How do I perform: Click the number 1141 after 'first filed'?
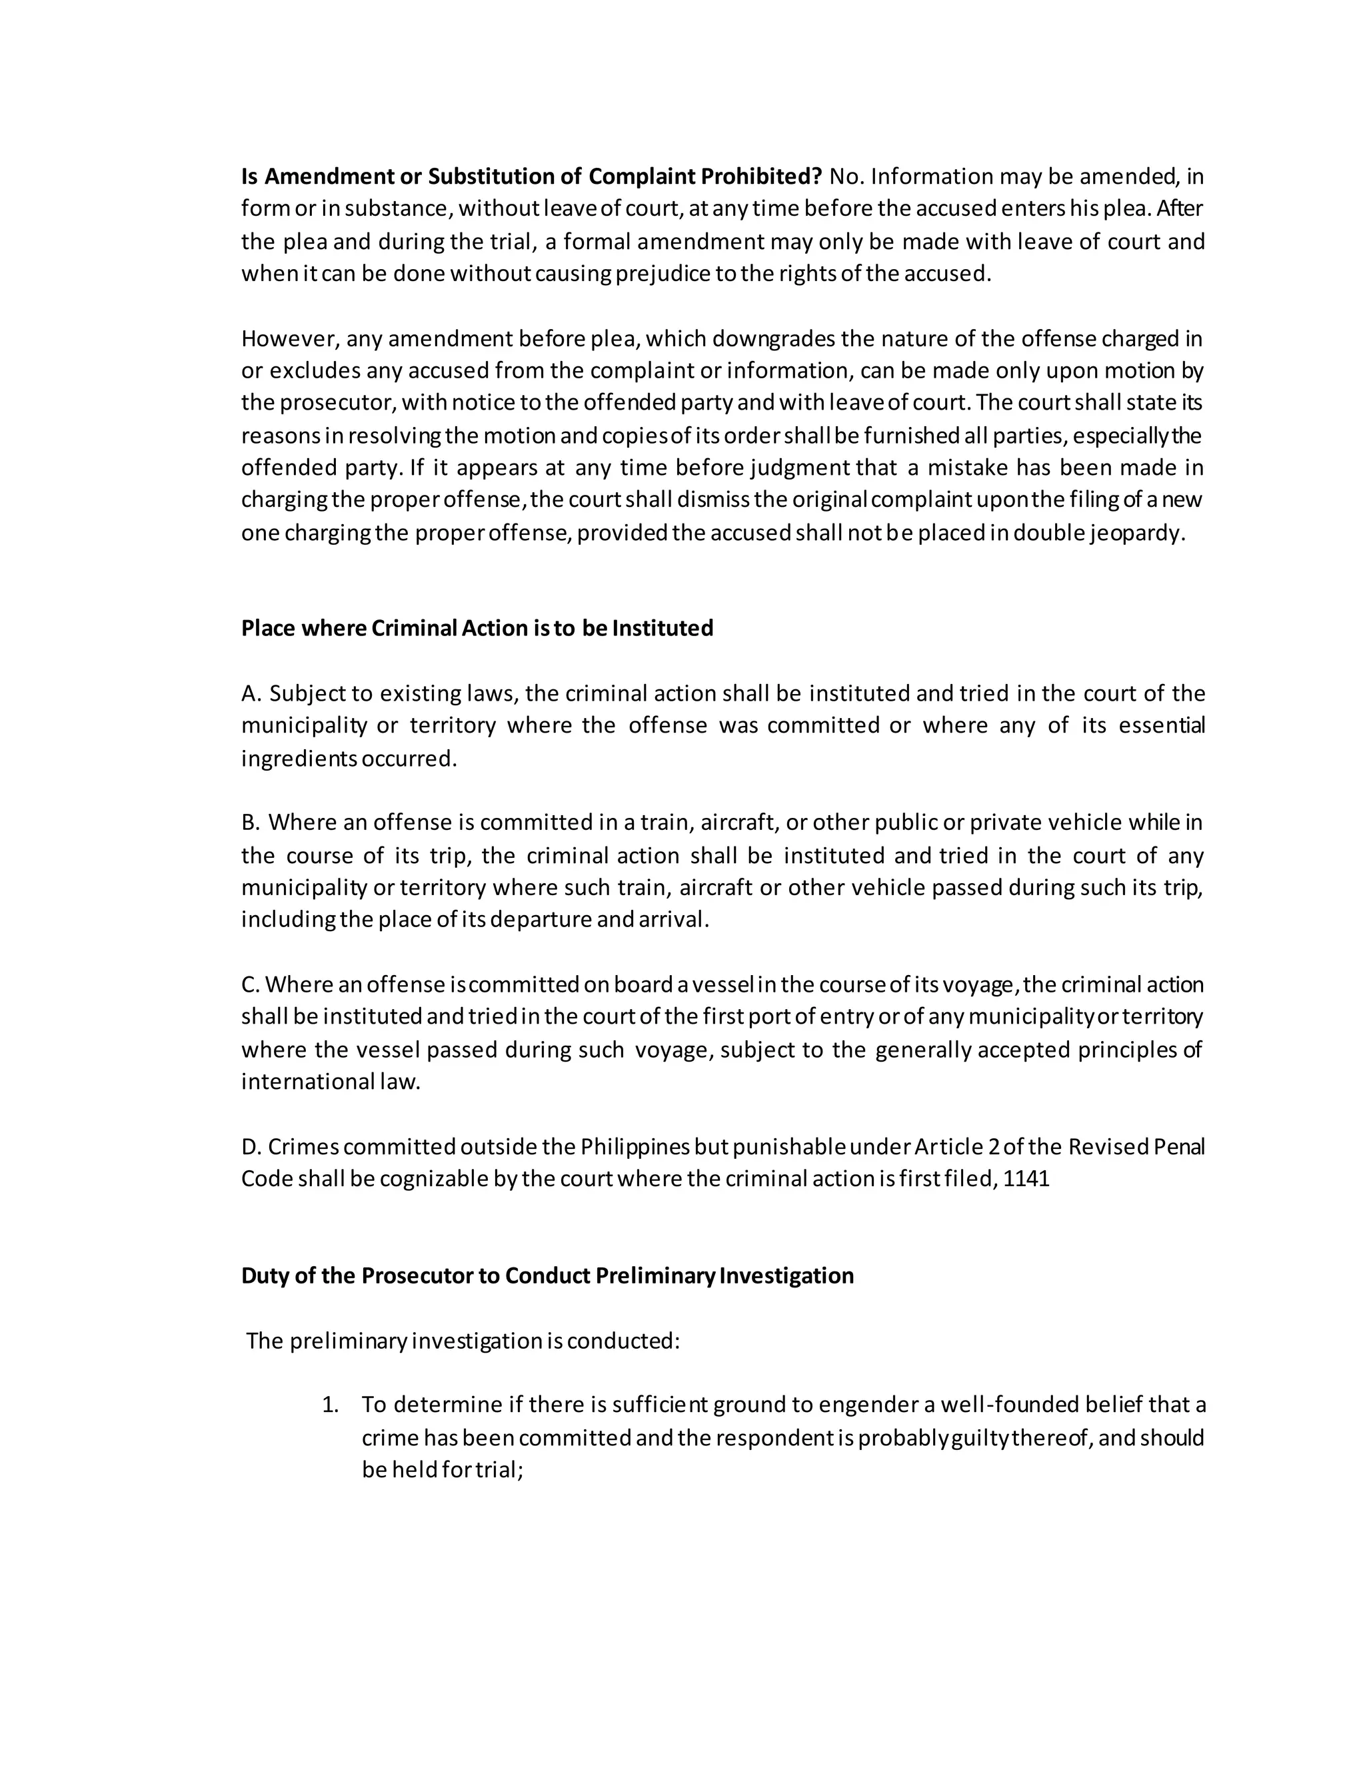coord(1026,1179)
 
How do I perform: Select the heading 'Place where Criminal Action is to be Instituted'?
coord(477,629)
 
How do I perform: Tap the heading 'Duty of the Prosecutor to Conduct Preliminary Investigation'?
coord(547,1276)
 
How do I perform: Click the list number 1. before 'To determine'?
coord(330,1405)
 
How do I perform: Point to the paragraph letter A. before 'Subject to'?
coord(251,693)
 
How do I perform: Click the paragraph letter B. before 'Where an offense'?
coord(251,823)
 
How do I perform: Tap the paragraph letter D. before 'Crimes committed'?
coord(251,1147)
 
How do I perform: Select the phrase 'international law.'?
coord(331,1082)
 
